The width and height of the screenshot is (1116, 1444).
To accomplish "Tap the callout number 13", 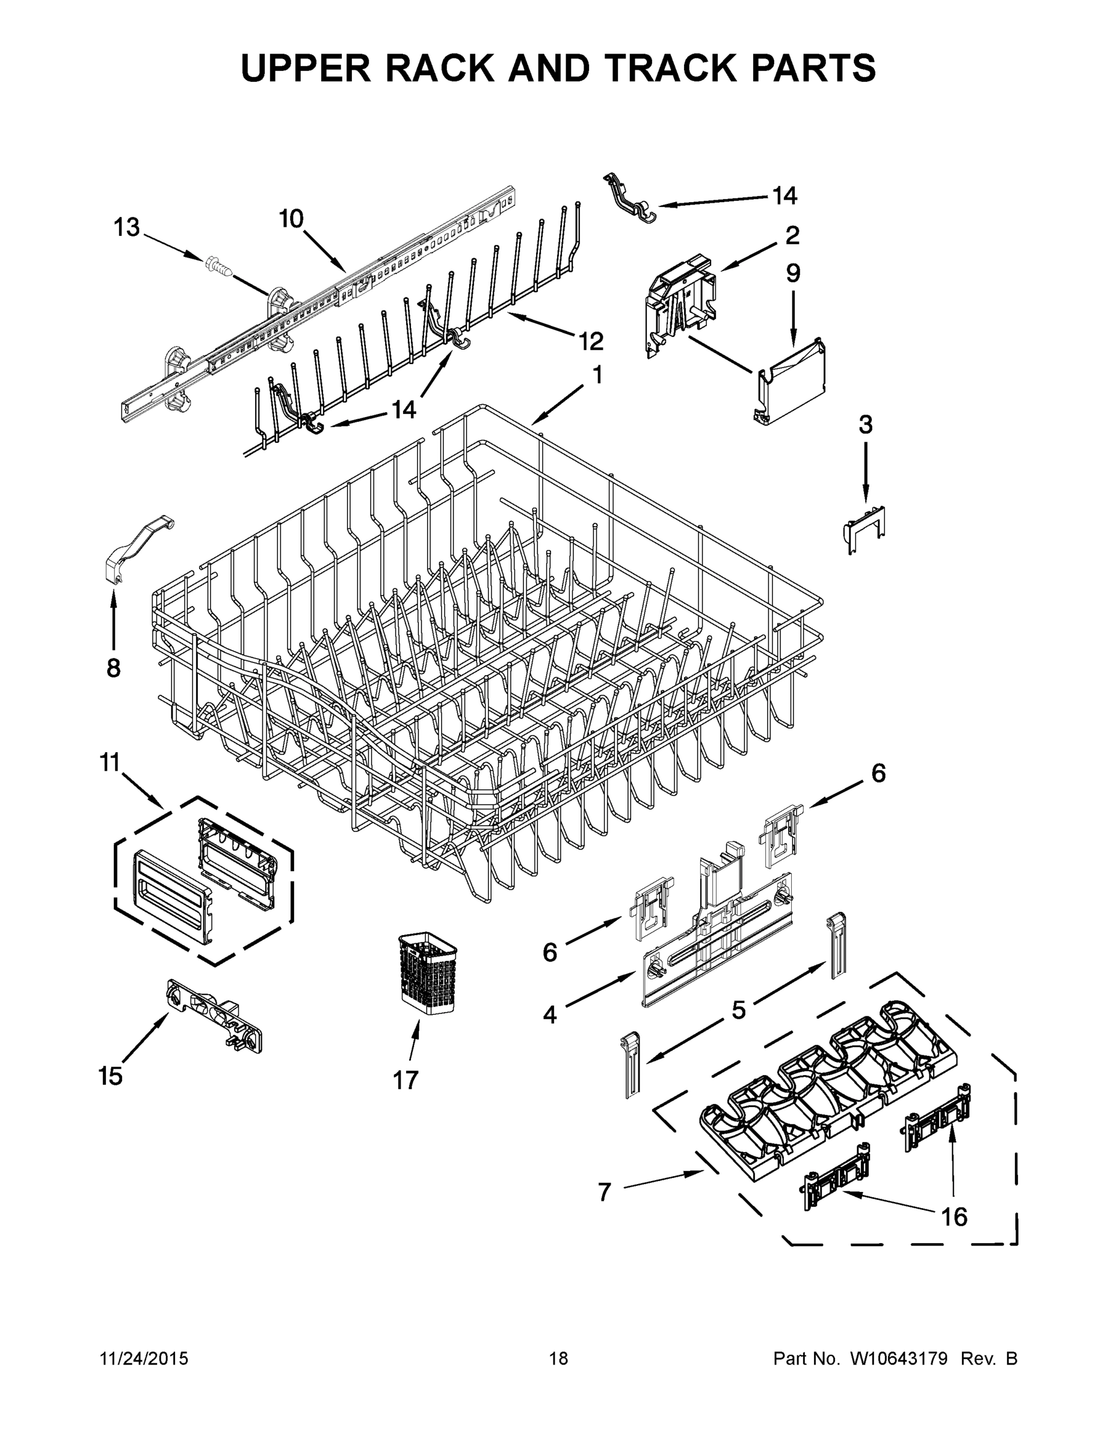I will (x=126, y=228).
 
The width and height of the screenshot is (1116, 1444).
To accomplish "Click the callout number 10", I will (x=291, y=219).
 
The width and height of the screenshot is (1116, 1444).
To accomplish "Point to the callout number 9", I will (x=793, y=273).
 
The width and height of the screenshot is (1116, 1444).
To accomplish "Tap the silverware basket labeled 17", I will (x=428, y=974).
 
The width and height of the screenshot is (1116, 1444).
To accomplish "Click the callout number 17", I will (x=405, y=1080).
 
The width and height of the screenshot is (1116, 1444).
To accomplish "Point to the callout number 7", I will (x=604, y=1191).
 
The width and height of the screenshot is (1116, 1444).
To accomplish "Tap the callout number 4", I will (x=550, y=1014).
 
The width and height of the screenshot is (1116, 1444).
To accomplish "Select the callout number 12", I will (x=590, y=341).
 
